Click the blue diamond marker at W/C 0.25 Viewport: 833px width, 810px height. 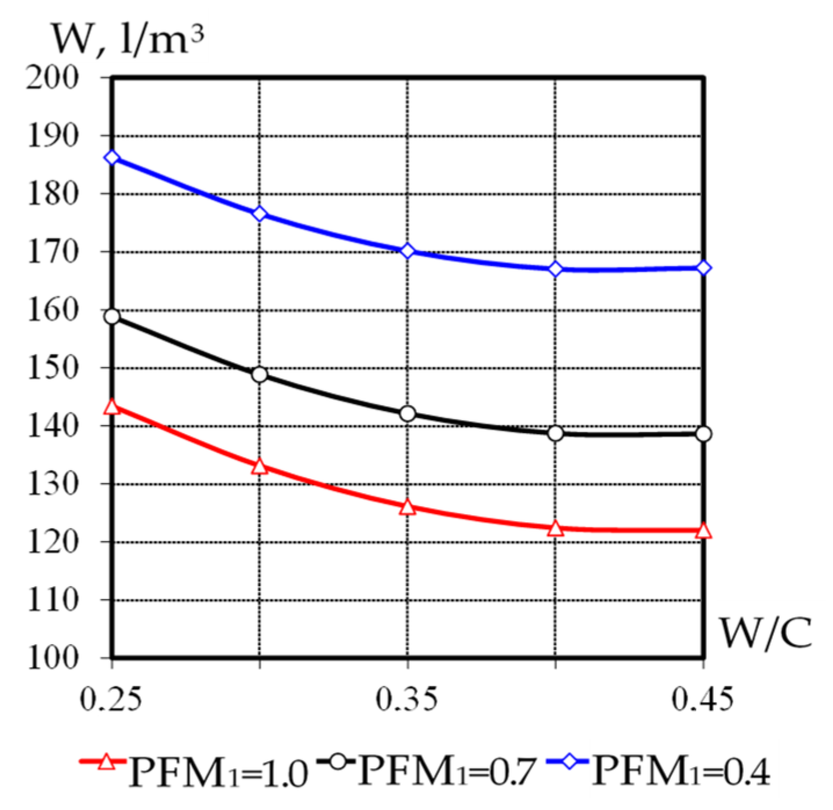click(x=112, y=158)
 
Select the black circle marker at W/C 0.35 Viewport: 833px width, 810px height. click(x=408, y=413)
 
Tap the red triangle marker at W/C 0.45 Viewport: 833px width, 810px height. click(x=703, y=531)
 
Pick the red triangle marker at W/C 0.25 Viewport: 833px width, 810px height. click(x=112, y=407)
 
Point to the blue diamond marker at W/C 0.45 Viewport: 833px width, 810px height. click(x=703, y=268)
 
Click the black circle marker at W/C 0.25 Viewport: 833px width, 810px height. click(x=112, y=317)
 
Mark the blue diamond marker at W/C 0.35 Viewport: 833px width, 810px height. click(x=408, y=251)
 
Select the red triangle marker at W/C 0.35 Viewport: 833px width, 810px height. click(x=408, y=507)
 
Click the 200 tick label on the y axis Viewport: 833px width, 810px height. click(x=52, y=77)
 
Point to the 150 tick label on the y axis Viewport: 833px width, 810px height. click(x=52, y=368)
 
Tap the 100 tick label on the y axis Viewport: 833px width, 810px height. click(x=52, y=658)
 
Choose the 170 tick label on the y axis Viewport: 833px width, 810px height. click(x=52, y=252)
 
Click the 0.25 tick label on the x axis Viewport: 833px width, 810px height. click(x=111, y=699)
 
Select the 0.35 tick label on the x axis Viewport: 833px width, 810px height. click(x=406, y=699)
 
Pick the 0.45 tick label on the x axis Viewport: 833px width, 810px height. click(x=702, y=699)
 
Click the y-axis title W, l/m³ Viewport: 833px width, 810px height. click(x=128, y=39)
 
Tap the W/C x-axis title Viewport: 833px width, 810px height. click(x=765, y=632)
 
